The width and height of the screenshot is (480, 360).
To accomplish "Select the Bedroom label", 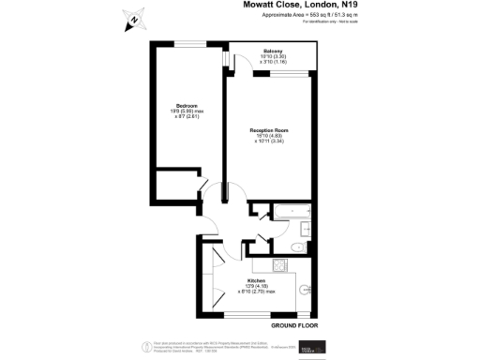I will tap(187, 104).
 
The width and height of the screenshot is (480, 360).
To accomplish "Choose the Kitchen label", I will tap(257, 280).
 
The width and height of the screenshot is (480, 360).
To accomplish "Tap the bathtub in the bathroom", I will tap(292, 213).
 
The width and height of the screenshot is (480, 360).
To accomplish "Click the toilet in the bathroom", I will tap(297, 247).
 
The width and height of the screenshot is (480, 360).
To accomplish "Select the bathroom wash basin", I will tap(307, 229).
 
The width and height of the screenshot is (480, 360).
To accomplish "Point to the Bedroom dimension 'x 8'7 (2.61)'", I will tap(187, 117).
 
